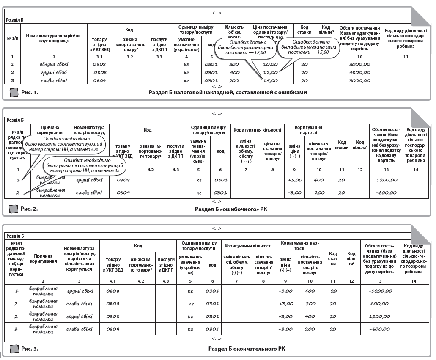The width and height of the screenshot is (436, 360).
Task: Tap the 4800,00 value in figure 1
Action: point(359,72)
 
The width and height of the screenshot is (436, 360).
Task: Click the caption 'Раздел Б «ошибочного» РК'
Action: point(231,209)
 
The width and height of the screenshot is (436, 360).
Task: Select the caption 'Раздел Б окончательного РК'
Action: point(247,349)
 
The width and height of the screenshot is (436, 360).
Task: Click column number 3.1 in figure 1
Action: point(99,56)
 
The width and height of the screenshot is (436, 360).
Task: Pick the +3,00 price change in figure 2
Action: point(293,180)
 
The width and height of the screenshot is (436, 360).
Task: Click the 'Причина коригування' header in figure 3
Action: point(43,258)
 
